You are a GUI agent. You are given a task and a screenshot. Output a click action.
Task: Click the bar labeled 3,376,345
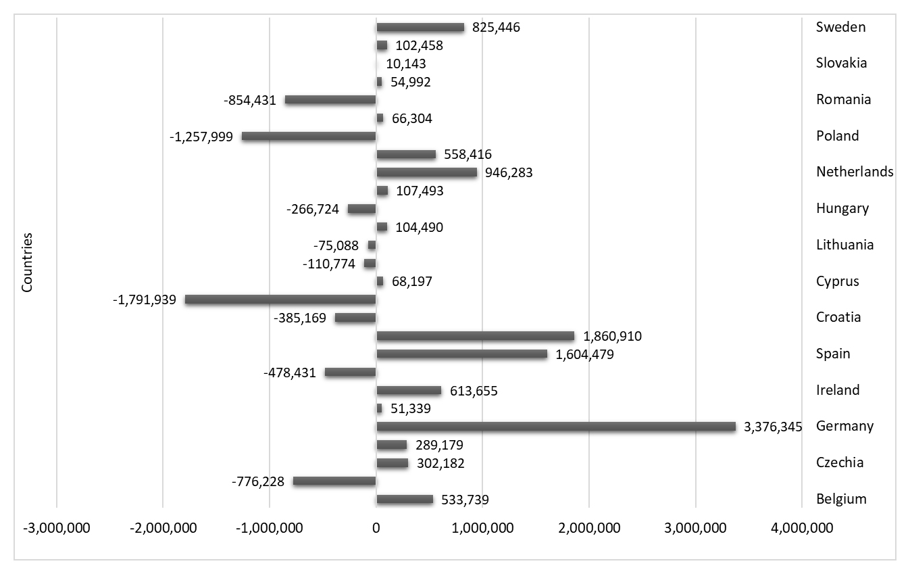coord(555,427)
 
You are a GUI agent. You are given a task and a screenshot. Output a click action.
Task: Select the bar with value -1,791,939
coord(280,300)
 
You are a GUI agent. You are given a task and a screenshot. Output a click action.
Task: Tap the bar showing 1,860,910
coord(475,336)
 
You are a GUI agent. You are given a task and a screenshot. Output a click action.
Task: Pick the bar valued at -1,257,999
coord(309,136)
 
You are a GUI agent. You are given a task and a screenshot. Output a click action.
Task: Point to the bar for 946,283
coord(426,172)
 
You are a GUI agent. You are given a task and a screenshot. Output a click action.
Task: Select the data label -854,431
coord(249,100)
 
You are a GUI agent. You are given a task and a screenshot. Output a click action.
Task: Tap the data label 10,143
coord(405,64)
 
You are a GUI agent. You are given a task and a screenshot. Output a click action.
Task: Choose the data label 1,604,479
coord(585,354)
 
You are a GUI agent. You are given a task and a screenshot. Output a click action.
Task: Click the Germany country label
coord(844,427)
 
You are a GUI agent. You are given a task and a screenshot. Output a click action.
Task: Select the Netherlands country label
coord(855,172)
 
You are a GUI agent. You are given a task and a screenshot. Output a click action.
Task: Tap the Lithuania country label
coord(844,245)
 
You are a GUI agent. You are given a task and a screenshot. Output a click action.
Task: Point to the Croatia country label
coord(838,317)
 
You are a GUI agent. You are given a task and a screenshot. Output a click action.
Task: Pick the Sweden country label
coord(840,28)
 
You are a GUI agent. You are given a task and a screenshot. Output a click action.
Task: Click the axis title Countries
coord(27,263)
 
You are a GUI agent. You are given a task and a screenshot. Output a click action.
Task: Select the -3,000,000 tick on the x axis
coord(57,528)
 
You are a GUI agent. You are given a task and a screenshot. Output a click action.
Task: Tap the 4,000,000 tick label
coord(801,528)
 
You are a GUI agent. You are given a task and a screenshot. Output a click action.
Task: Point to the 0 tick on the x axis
coord(376,528)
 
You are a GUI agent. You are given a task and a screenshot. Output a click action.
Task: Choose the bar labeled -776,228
coord(334,481)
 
